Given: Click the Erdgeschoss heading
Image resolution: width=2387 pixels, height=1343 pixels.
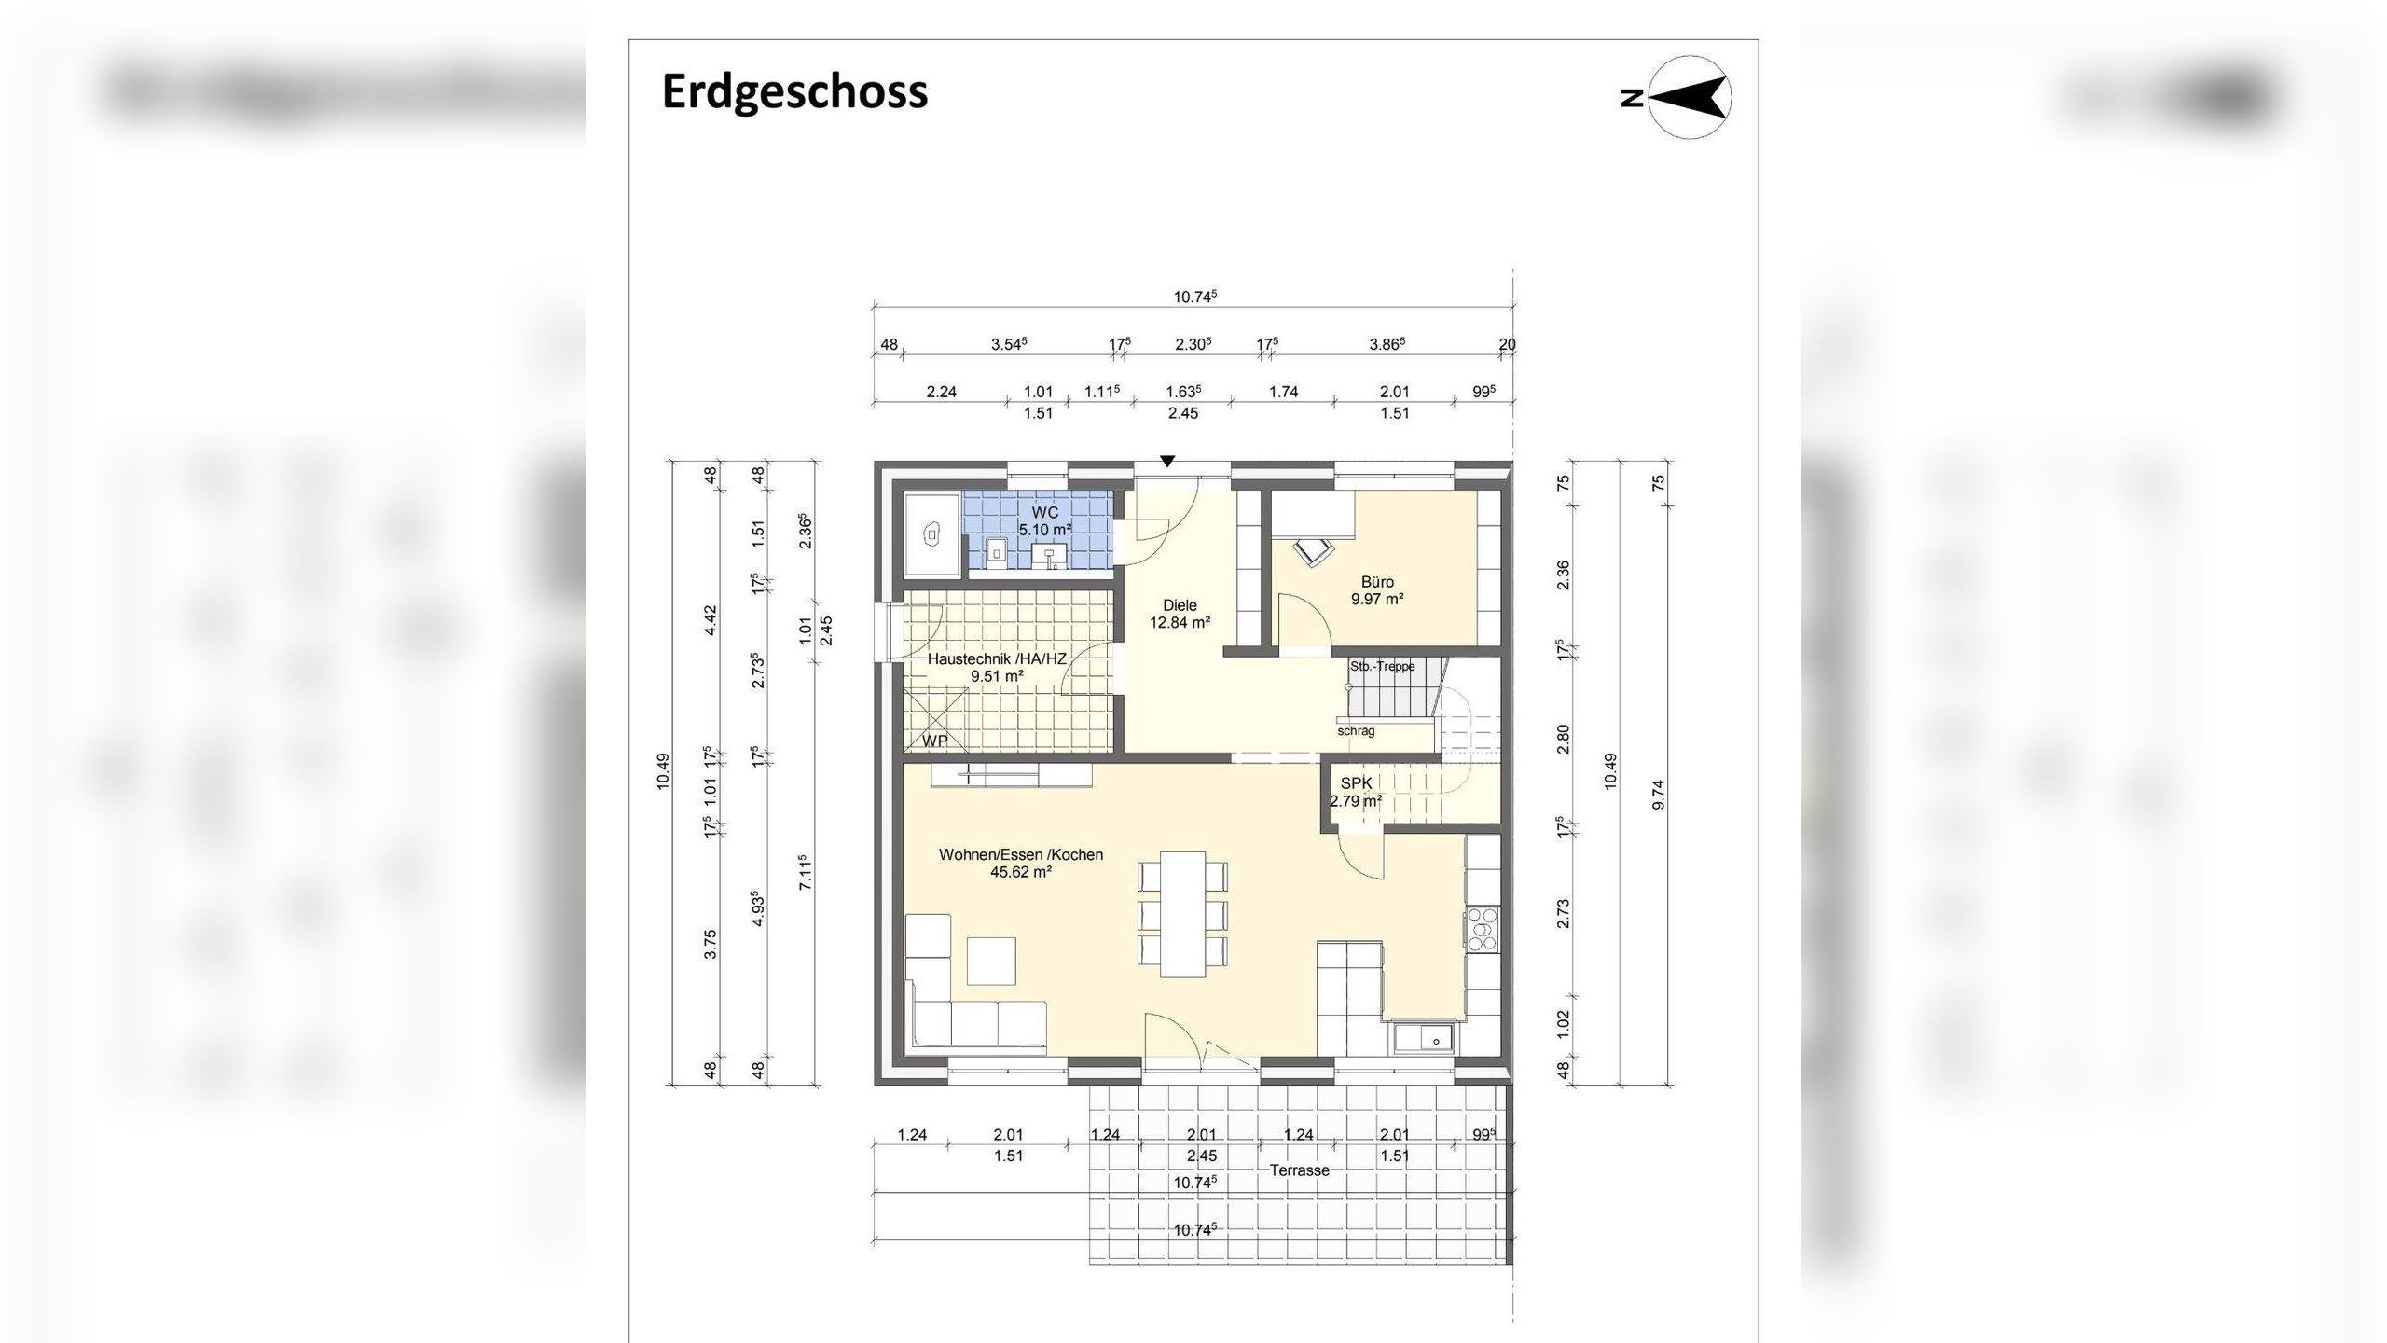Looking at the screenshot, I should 794,91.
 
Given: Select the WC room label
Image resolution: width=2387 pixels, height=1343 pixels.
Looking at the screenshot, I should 1044,513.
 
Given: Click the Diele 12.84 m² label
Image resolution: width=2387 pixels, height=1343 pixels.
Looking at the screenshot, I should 1180,614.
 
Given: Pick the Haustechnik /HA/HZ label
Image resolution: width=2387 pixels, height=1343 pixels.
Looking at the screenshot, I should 997,658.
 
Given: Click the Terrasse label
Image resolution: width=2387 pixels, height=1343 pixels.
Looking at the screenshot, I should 1299,1170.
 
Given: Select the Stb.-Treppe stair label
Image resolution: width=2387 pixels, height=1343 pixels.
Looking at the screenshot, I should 1382,666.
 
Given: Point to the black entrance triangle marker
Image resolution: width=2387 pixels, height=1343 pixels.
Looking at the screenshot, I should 1167,461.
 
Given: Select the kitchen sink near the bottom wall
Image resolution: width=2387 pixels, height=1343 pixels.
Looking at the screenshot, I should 1424,1036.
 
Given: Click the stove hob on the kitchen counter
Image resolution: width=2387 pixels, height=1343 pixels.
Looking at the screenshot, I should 1482,929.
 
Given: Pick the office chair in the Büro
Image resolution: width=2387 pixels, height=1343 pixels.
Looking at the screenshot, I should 1314,551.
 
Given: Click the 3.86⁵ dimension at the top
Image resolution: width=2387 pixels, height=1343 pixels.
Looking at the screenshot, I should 1387,344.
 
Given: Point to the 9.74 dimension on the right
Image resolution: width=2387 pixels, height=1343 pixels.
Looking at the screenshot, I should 1657,794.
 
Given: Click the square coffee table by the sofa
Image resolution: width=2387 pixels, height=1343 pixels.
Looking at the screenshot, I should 990,961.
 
